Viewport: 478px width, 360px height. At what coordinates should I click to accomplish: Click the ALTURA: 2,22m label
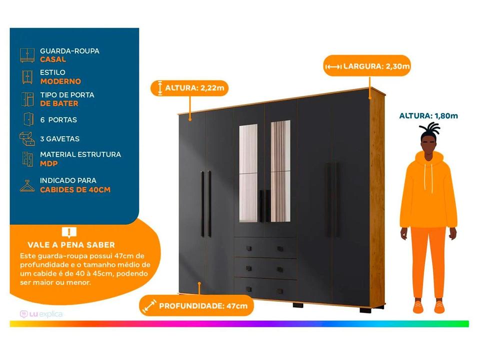[x=189, y=88]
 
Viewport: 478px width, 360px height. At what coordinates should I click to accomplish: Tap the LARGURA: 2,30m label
[x=367, y=66]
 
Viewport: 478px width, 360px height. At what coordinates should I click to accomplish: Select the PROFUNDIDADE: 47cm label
[x=196, y=305]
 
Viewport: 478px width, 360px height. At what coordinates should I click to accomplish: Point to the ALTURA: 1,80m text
[x=428, y=116]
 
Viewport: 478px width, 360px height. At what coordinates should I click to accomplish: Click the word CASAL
[x=53, y=59]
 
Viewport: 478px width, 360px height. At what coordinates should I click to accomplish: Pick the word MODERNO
[x=60, y=81]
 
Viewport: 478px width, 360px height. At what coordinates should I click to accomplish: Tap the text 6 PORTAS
[x=58, y=120]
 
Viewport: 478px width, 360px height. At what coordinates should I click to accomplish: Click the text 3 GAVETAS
[x=60, y=139]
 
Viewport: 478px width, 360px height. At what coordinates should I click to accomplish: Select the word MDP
[x=49, y=163]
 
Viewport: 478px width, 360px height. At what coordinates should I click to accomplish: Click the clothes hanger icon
[x=27, y=186]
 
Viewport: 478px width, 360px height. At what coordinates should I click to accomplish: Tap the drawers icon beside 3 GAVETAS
[x=27, y=138]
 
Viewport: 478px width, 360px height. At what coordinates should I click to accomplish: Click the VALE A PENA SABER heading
[x=71, y=245]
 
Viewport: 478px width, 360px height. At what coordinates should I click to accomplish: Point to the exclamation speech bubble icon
[x=69, y=232]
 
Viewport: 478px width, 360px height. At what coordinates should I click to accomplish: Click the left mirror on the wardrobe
[x=248, y=173]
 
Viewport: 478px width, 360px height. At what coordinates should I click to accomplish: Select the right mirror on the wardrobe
[x=280, y=171]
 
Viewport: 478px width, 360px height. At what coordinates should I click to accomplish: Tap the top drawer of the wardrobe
[x=265, y=248]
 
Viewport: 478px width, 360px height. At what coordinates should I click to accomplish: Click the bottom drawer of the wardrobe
[x=265, y=288]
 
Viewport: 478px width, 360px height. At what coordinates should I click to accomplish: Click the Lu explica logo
[x=41, y=314]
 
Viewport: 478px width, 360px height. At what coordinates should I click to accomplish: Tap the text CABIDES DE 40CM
[x=75, y=189]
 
